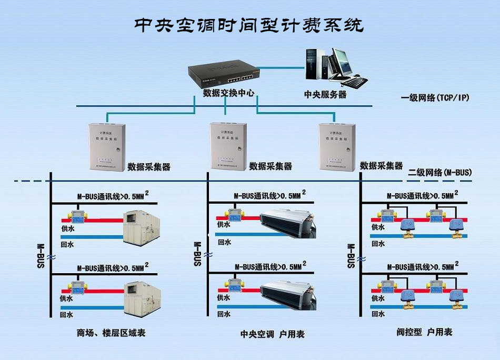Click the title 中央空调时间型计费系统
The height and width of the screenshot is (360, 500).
coord(248,25)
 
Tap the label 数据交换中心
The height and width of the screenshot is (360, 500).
coord(228,93)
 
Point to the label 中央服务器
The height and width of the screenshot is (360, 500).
coord(325,95)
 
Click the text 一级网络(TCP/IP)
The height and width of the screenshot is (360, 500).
coord(435,97)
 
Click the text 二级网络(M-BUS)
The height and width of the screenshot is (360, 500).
coord(440,172)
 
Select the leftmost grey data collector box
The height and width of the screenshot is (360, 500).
coord(104,145)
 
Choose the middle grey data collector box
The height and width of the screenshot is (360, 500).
coord(228,145)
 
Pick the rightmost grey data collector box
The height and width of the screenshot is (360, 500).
coord(337,145)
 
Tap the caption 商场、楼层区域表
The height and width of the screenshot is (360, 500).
coord(111,333)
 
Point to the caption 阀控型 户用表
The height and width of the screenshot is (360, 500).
coord(424,332)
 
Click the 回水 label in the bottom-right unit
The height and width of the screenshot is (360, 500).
coord(378,314)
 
